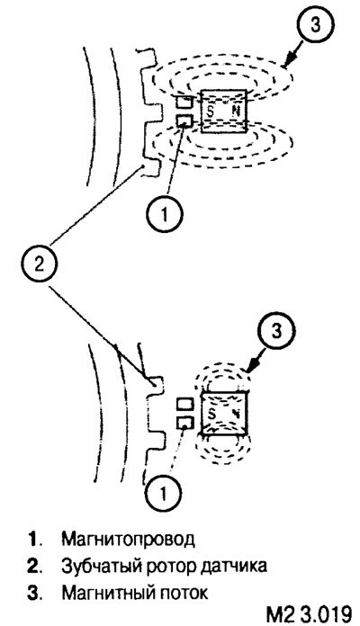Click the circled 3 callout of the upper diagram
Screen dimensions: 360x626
pyautogui.click(x=315, y=25)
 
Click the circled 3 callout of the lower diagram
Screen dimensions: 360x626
pyautogui.click(x=276, y=332)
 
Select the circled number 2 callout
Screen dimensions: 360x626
pyautogui.click(x=39, y=264)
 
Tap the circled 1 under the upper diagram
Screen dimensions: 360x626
pyautogui.click(x=164, y=215)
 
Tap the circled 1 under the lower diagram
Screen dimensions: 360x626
pyautogui.click(x=163, y=494)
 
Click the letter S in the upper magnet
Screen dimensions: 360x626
pyautogui.click(x=211, y=112)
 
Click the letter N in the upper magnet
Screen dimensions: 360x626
pyautogui.click(x=235, y=112)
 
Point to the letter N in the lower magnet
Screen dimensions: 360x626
pyautogui.click(x=236, y=414)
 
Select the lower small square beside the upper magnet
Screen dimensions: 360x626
pyautogui.click(x=184, y=121)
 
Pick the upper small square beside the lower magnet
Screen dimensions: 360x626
pyautogui.click(x=185, y=405)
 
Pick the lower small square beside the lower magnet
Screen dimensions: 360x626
pyautogui.click(x=185, y=423)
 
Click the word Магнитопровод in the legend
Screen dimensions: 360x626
pyautogui.click(x=129, y=540)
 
